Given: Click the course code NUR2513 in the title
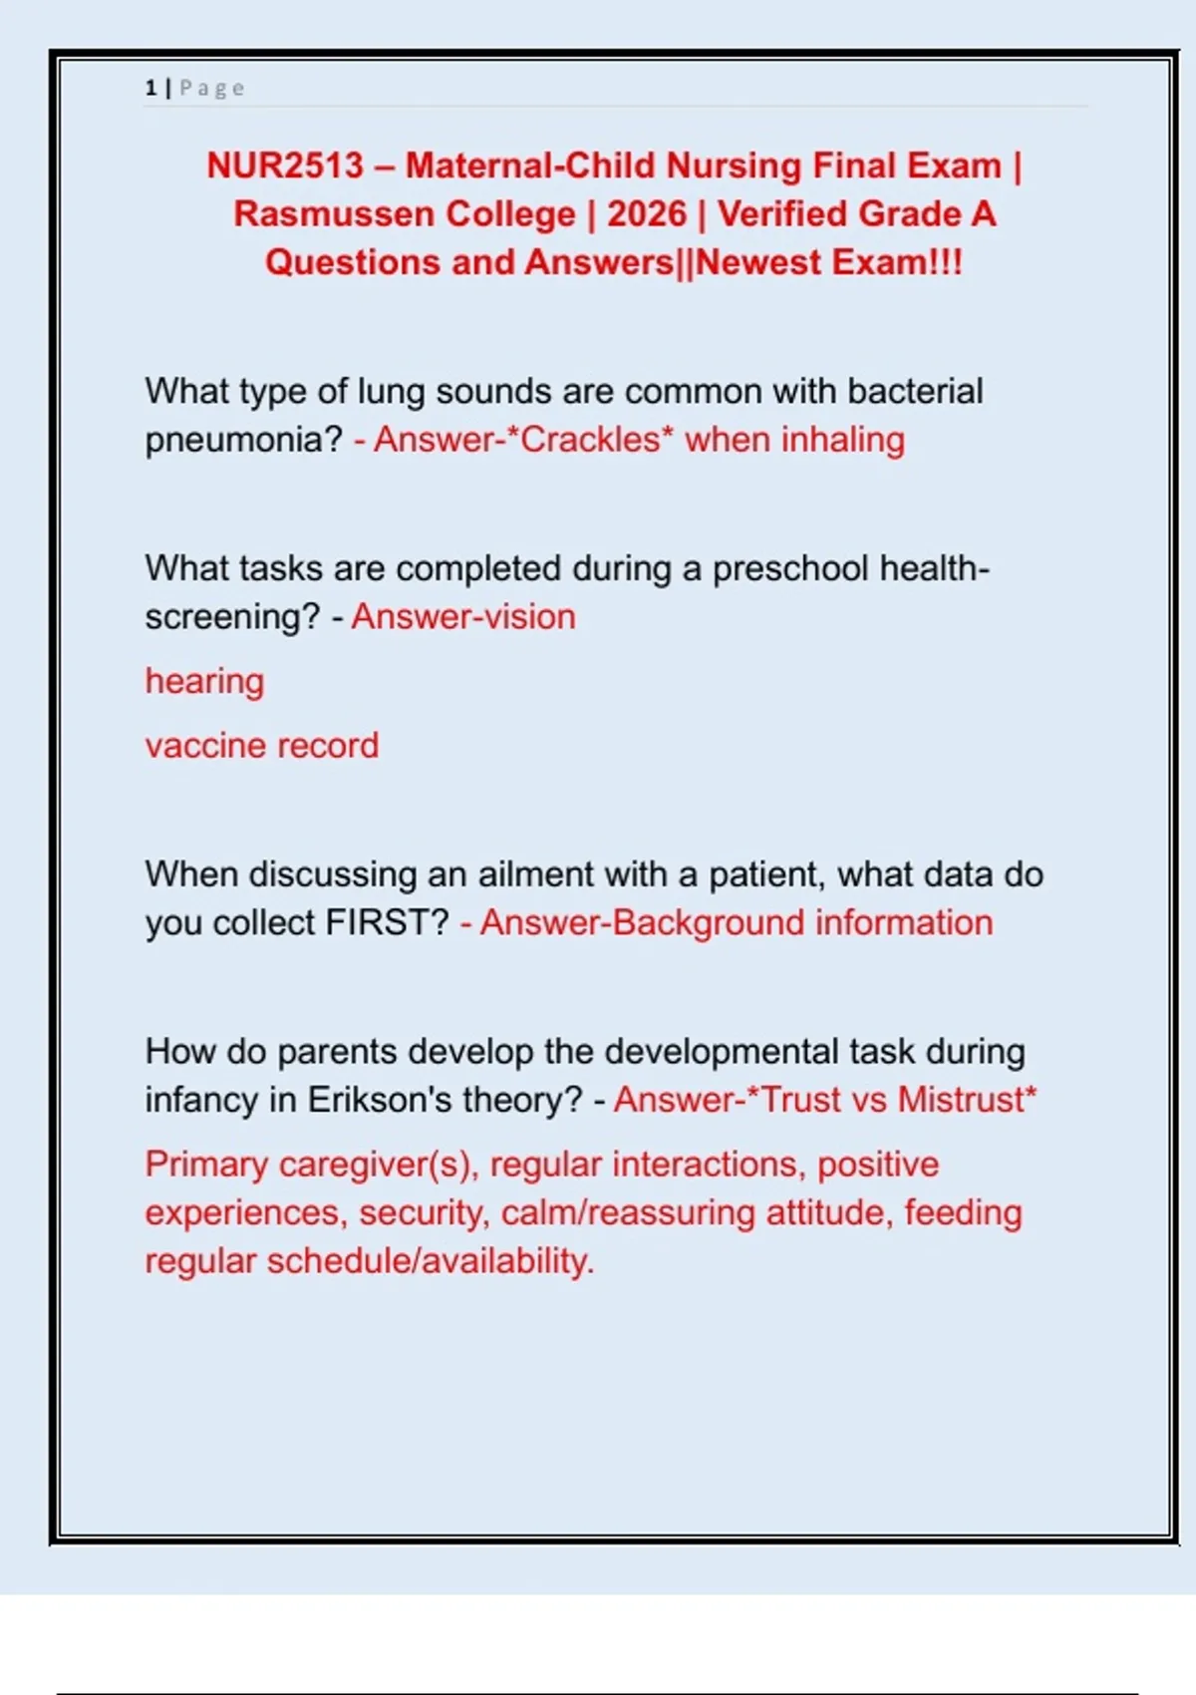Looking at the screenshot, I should click(285, 166).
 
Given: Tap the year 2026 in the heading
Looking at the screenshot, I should click(647, 214).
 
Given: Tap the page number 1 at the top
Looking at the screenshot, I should click(150, 89).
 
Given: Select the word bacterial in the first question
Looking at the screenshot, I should click(914, 392).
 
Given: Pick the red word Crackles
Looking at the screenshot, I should click(591, 441).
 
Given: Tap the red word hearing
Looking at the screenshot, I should click(204, 682).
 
